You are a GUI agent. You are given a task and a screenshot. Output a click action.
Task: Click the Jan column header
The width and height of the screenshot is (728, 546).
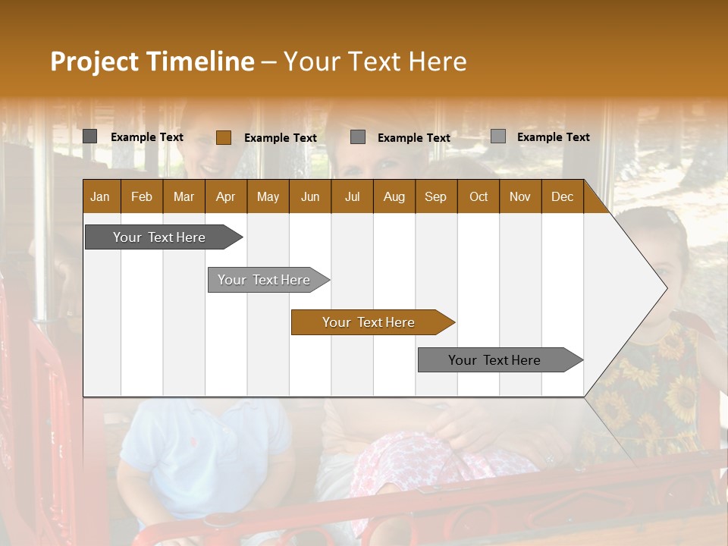[101, 196]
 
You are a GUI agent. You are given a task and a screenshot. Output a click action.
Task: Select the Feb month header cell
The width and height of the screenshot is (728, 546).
[142, 196]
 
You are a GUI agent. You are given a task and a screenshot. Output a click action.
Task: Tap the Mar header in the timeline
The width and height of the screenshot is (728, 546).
[184, 196]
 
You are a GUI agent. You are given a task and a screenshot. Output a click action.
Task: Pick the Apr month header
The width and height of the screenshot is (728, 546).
[226, 196]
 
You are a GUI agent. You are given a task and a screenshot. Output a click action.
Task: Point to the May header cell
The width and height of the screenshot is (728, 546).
[268, 196]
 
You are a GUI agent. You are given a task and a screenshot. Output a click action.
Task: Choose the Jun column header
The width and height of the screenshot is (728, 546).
[310, 196]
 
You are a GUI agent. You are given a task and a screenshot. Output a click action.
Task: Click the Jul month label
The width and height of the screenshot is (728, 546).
[352, 196]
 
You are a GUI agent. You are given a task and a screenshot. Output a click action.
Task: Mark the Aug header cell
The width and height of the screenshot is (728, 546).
[394, 196]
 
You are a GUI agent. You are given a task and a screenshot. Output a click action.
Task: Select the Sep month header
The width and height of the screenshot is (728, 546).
[436, 196]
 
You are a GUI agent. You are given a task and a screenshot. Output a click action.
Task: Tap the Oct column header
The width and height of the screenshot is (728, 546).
[479, 196]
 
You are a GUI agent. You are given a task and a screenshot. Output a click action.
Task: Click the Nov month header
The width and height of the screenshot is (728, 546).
[520, 196]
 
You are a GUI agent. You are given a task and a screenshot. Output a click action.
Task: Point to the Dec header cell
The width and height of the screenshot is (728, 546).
[563, 196]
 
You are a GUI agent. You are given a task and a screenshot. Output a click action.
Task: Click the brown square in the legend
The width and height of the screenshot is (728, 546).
[223, 137]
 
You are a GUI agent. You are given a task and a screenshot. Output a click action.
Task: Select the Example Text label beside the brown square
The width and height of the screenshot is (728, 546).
[280, 138]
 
